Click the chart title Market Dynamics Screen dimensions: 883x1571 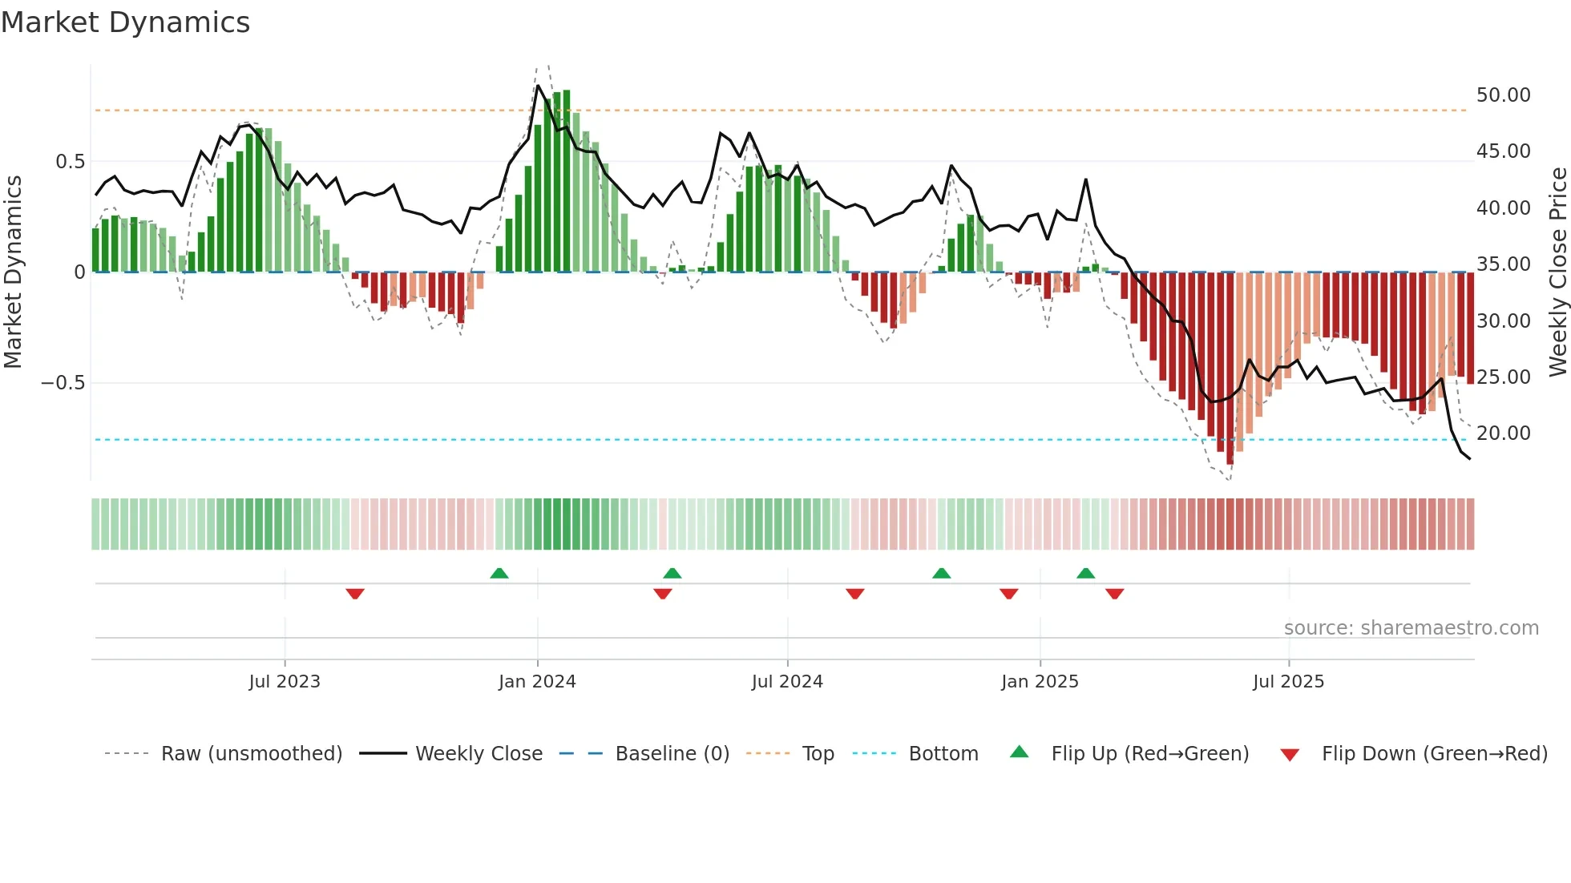[125, 22]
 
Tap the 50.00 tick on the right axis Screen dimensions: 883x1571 [1503, 95]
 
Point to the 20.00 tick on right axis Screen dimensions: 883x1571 [1503, 433]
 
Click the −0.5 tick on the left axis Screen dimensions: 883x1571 [63, 383]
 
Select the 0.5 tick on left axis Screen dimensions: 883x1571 [70, 162]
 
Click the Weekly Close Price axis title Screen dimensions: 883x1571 [1557, 272]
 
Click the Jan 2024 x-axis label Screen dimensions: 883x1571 [537, 682]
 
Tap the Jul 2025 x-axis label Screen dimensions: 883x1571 [1288, 682]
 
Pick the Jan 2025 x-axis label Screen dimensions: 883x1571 [1040, 682]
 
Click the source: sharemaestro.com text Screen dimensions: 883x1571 [1411, 628]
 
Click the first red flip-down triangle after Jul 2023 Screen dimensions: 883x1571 [355, 594]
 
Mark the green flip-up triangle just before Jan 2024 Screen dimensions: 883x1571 [499, 573]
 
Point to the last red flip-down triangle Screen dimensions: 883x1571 [1114, 594]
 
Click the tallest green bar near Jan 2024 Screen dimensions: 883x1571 [567, 180]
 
